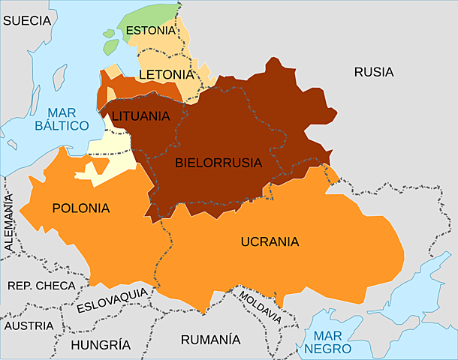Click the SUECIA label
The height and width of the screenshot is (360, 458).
pyautogui.click(x=27, y=21)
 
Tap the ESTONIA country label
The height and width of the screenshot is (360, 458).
pyautogui.click(x=150, y=31)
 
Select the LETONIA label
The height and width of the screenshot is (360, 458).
pyautogui.click(x=166, y=75)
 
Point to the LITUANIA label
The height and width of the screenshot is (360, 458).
pyautogui.click(x=140, y=116)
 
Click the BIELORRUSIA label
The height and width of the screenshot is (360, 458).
pyautogui.click(x=218, y=162)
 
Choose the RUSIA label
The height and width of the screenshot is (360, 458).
pyautogui.click(x=373, y=73)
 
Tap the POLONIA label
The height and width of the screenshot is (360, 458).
pyautogui.click(x=80, y=208)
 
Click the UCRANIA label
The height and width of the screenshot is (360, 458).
pyautogui.click(x=270, y=241)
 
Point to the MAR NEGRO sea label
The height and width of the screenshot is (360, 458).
pyautogui.click(x=333, y=342)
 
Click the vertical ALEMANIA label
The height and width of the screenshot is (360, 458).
pyautogui.click(x=9, y=221)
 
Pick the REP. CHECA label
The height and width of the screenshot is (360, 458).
pyautogui.click(x=41, y=286)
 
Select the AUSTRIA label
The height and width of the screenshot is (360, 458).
pyautogui.click(x=29, y=326)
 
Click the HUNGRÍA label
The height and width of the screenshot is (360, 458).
pyautogui.click(x=100, y=345)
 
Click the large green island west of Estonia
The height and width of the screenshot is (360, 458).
pyautogui.click(x=112, y=46)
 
